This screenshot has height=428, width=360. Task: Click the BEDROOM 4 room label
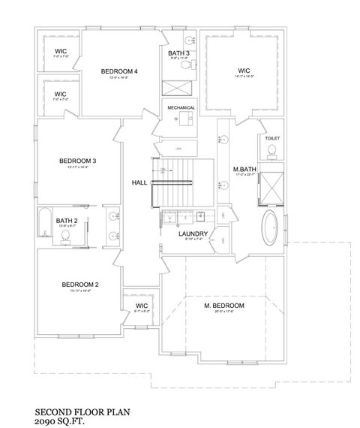(x=118, y=71)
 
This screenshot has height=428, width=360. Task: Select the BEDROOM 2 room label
(x=80, y=284)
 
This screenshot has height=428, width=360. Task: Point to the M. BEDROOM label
(x=224, y=306)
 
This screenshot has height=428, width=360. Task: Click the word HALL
(x=139, y=182)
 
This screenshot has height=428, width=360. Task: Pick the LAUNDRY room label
(x=193, y=234)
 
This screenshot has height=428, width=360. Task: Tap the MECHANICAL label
(x=181, y=107)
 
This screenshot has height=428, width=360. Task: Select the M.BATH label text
(x=245, y=169)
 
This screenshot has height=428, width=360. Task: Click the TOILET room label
(x=271, y=139)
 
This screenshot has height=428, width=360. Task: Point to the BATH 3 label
(x=178, y=53)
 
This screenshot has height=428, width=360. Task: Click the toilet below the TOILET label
(x=272, y=153)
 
